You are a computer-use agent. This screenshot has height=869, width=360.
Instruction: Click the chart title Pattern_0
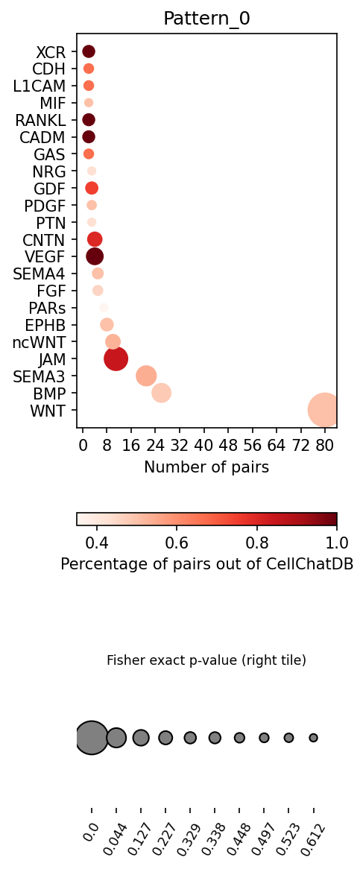pyautogui.click(x=206, y=19)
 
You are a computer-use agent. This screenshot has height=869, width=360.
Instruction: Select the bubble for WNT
pyautogui.click(x=326, y=410)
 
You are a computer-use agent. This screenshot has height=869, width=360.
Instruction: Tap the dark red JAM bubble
pyautogui.click(x=116, y=358)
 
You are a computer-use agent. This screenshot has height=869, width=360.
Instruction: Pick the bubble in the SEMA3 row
pyautogui.click(x=146, y=376)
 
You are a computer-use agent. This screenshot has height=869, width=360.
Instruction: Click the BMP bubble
pyautogui.click(x=161, y=393)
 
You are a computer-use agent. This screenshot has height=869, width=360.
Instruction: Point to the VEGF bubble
pyautogui.click(x=95, y=256)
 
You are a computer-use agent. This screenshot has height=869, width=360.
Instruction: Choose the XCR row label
pyautogui.click(x=51, y=52)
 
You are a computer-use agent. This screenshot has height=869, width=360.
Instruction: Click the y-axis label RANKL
pyautogui.click(x=41, y=120)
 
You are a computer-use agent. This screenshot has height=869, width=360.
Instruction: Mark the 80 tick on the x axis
pyautogui.click(x=325, y=444)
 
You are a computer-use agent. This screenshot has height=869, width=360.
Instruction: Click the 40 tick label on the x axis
pyautogui.click(x=203, y=444)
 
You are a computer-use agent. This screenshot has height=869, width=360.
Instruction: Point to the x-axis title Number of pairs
pyautogui.click(x=206, y=467)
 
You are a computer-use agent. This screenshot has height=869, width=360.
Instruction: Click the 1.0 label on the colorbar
pyautogui.click(x=337, y=540)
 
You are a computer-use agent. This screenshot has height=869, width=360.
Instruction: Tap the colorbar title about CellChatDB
pyautogui.click(x=206, y=563)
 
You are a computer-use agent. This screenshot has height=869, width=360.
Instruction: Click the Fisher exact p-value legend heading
pyautogui.click(x=206, y=660)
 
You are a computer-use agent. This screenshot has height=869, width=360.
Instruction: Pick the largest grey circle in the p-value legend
pyautogui.click(x=92, y=738)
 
